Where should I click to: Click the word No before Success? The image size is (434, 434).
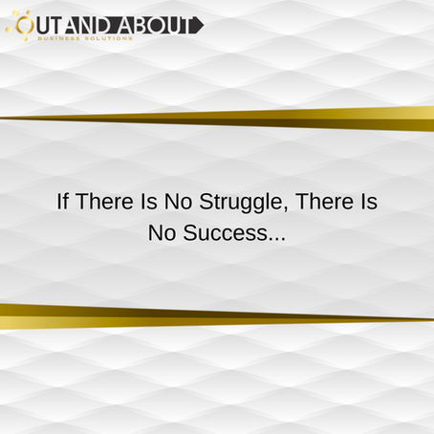pos(162,233)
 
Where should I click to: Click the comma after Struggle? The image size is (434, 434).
pos(280,209)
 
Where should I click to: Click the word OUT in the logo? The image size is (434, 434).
pos(44,24)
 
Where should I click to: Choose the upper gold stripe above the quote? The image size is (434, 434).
pos(287,118)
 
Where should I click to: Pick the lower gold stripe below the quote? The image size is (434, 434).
pos(143,315)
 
